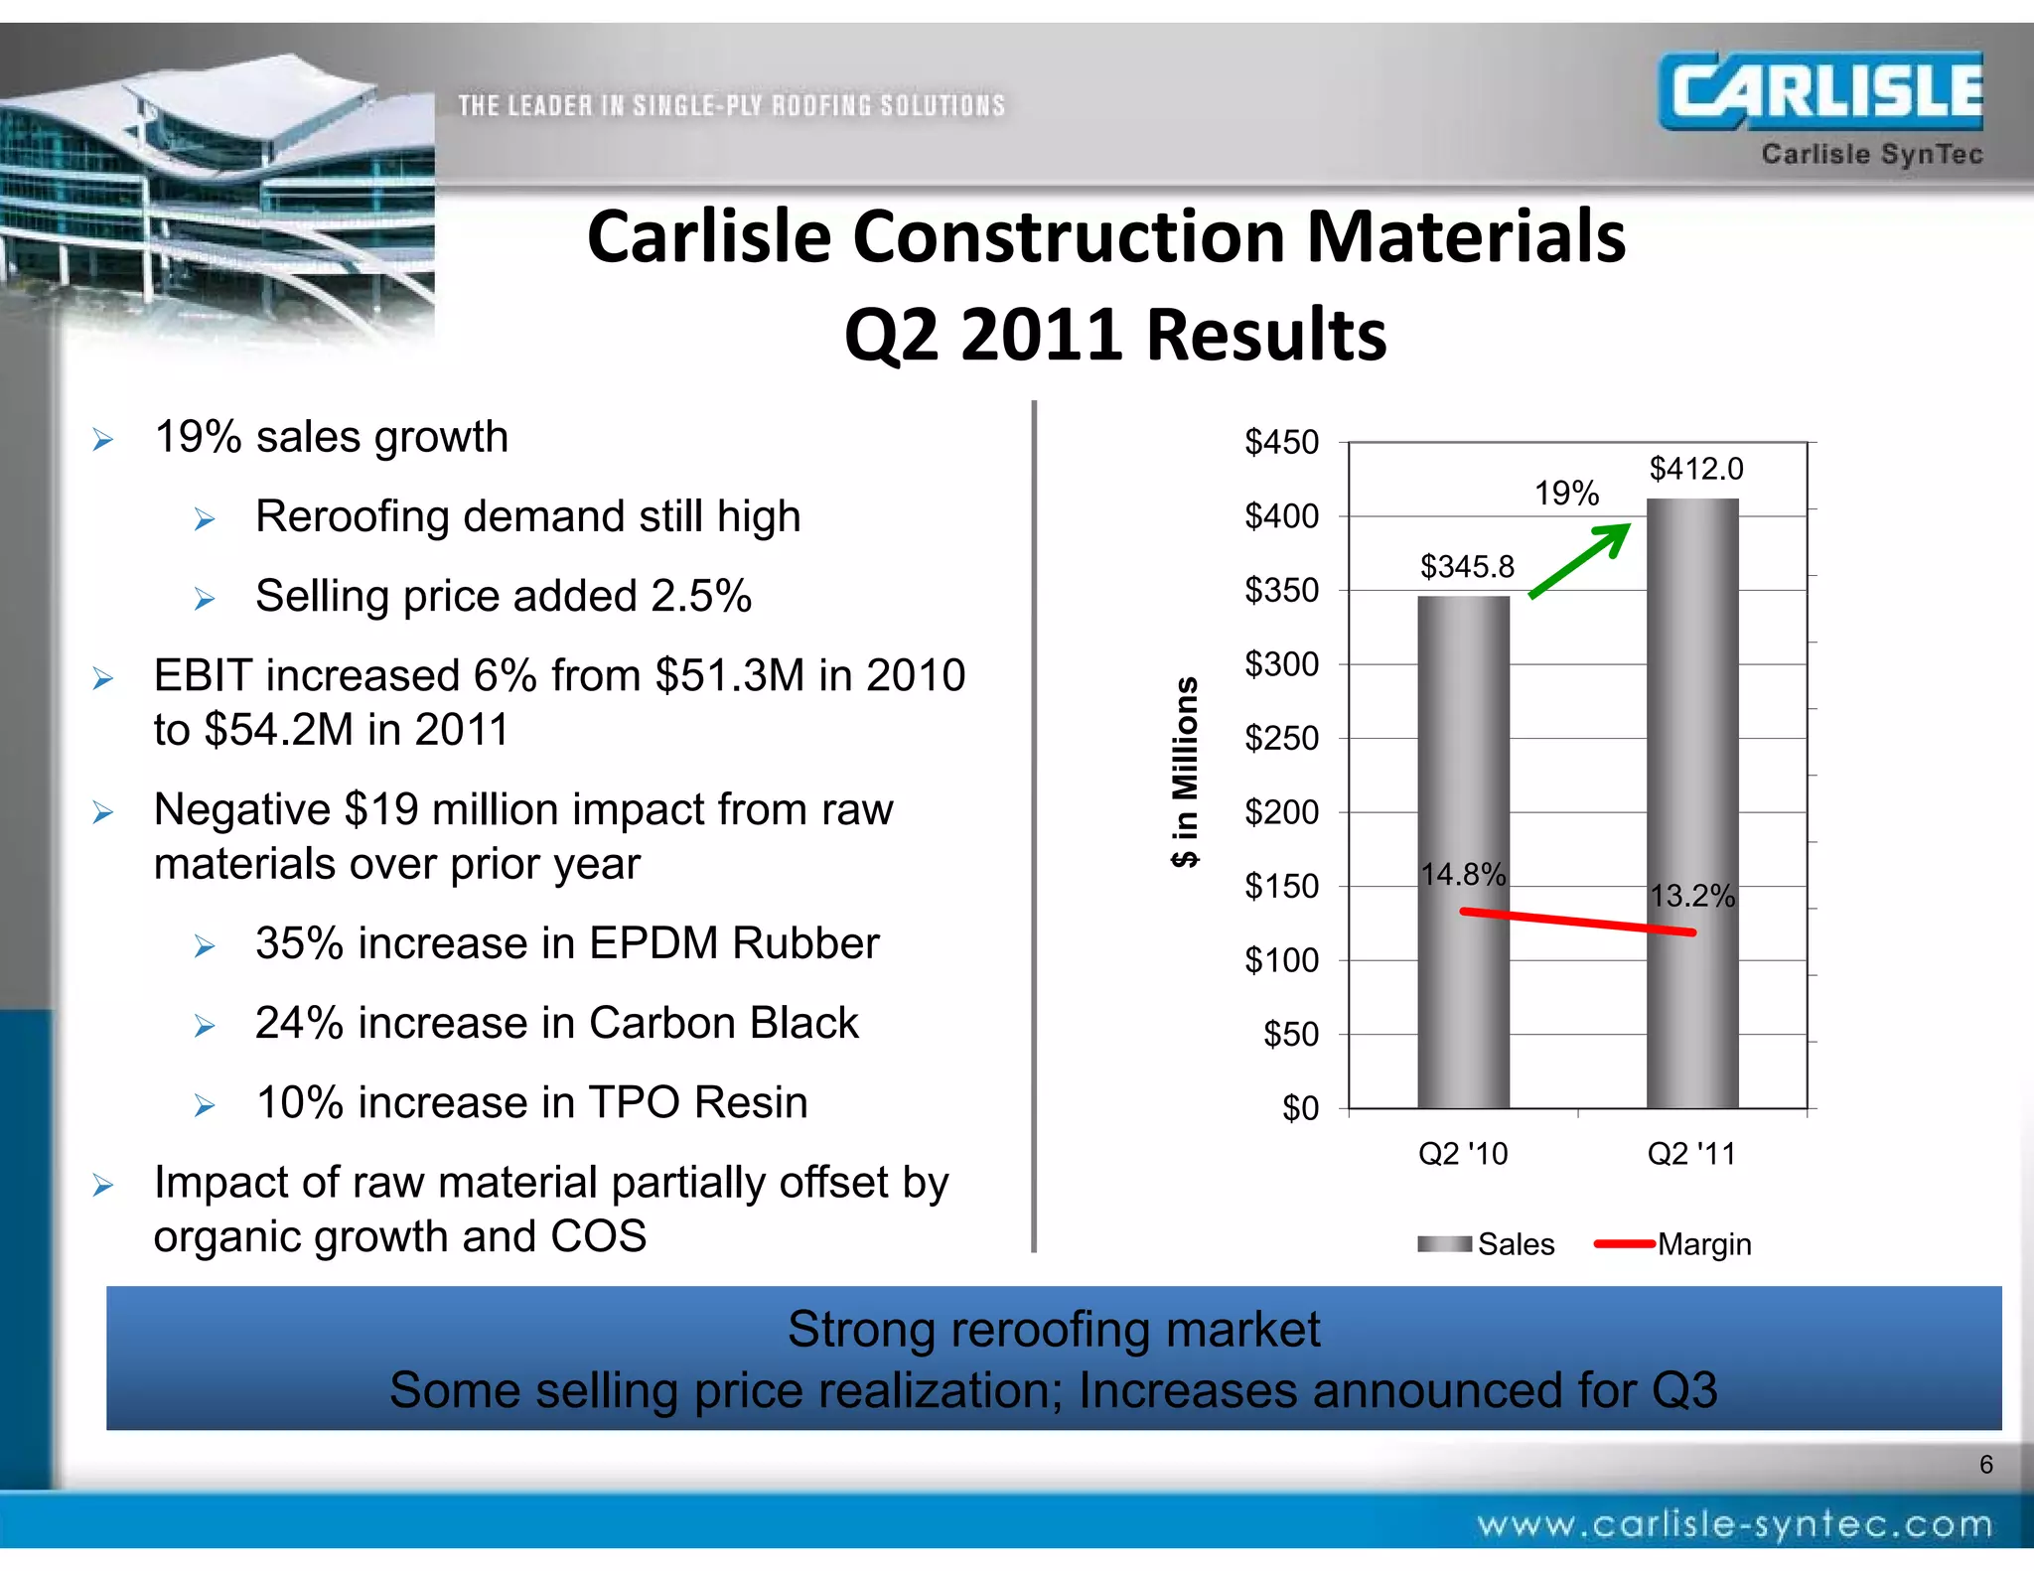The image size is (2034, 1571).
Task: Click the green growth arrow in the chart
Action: click(x=1580, y=560)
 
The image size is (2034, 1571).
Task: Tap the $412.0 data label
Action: click(x=1695, y=469)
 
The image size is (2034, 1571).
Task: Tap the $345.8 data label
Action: click(x=1467, y=567)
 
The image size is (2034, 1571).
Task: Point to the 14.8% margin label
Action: click(x=1463, y=875)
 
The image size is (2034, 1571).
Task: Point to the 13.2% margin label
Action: click(x=1691, y=897)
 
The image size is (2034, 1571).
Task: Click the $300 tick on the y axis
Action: click(x=1281, y=664)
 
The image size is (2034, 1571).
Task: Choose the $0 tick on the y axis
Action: click(x=1299, y=1108)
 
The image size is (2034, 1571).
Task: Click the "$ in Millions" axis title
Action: click(x=1185, y=773)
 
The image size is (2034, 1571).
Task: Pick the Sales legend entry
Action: click(x=1487, y=1244)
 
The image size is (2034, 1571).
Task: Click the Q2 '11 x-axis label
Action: click(x=1691, y=1154)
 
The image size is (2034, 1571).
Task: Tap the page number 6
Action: click(x=1985, y=1465)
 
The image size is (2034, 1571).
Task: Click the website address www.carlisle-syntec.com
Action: click(x=1734, y=1524)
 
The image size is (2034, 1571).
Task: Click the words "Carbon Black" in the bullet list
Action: click(x=723, y=1023)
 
